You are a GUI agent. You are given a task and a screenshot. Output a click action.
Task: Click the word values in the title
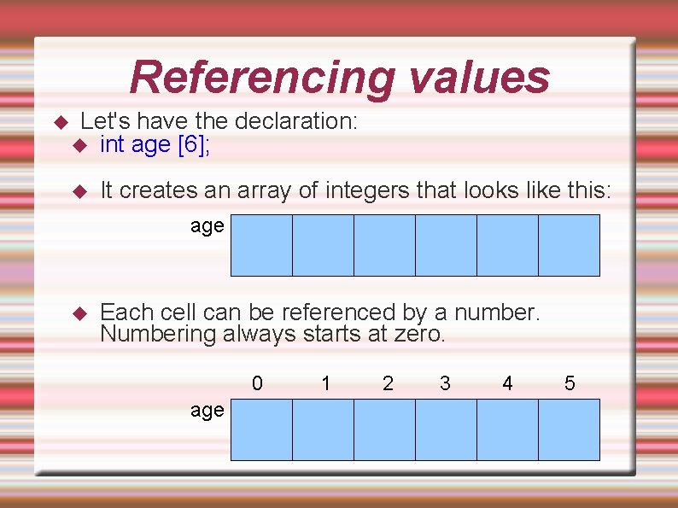coord(479,77)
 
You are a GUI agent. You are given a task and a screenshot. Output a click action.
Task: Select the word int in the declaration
coord(113,145)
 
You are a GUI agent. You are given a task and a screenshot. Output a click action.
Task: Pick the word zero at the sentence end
coord(418,334)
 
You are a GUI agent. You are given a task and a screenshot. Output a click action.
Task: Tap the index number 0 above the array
coord(257,383)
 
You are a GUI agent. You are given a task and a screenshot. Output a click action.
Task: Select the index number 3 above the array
coord(445,383)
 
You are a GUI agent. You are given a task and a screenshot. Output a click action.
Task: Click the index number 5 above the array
coord(570,383)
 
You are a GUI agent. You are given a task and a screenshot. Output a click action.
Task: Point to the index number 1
coord(326,383)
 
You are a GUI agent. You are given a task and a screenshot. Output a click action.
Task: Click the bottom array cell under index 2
coord(384,430)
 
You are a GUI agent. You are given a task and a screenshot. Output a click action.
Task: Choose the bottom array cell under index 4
coord(507,430)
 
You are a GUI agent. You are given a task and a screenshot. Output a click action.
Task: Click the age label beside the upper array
coord(207,227)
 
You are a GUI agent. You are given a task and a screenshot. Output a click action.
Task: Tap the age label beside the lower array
coord(207,412)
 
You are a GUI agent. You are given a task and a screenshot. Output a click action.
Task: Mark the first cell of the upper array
coord(261,245)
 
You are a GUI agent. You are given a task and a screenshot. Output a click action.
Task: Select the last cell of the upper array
coord(569,245)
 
